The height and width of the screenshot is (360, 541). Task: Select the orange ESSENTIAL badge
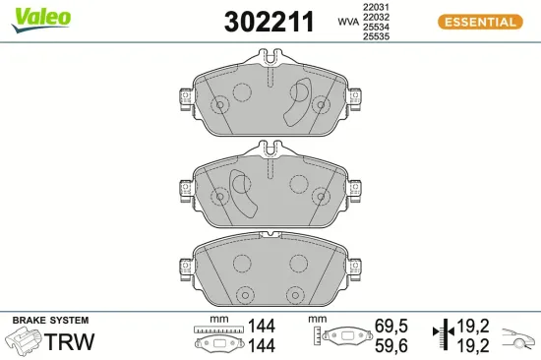pyautogui.click(x=481, y=22)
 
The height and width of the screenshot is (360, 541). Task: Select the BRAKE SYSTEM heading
pyautogui.click(x=50, y=321)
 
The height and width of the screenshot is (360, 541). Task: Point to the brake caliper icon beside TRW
pyautogui.click(x=24, y=341)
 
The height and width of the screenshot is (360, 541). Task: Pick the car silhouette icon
pyautogui.click(x=518, y=338)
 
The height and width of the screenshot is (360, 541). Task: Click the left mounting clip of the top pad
pyautogui.click(x=184, y=98)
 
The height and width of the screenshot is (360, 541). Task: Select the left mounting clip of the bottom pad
pyautogui.click(x=184, y=267)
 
